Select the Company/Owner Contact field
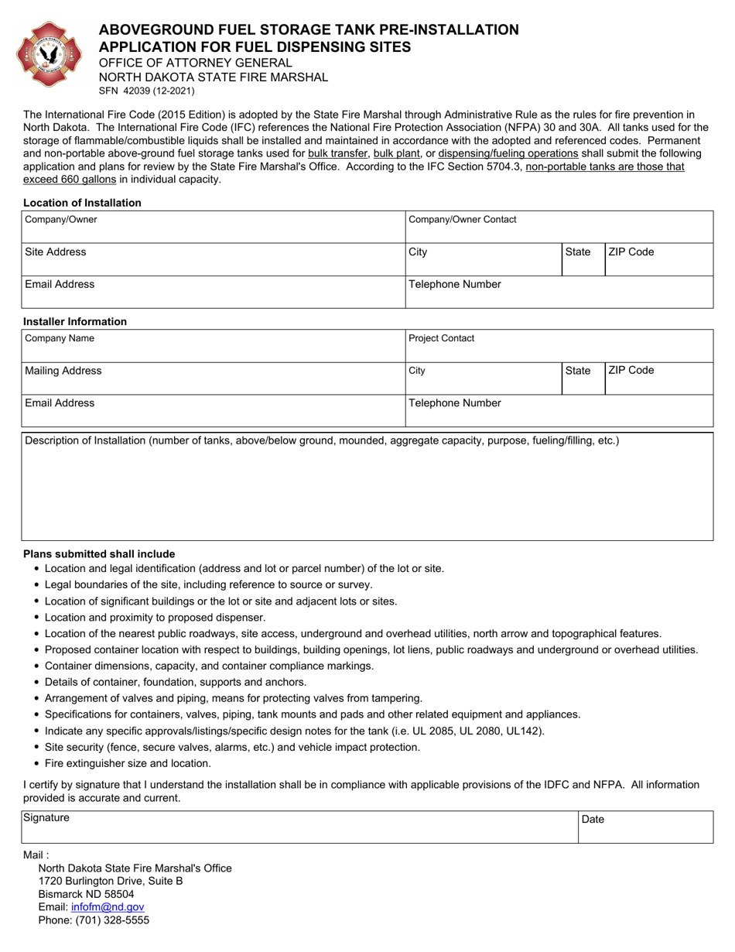click(559, 227)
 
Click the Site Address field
click(213, 259)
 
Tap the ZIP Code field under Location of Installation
click(658, 259)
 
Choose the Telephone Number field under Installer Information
click(559, 410)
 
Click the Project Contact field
click(559, 345)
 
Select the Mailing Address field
click(213, 378)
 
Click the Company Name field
click(213, 345)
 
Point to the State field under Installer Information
click(582, 378)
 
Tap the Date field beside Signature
click(645, 827)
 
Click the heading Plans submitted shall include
click(99, 554)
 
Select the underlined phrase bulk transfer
click(337, 153)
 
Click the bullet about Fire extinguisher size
click(128, 763)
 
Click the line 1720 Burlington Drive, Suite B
click(111, 881)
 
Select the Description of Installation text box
click(367, 491)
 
